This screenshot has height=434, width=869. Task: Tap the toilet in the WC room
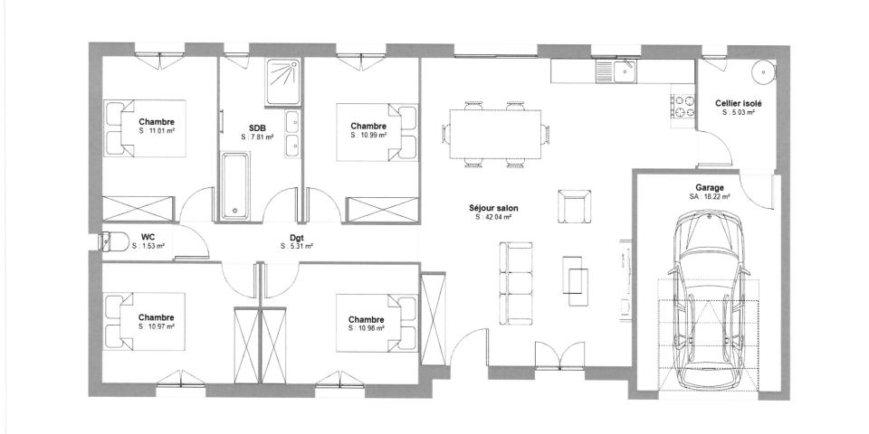[113, 241]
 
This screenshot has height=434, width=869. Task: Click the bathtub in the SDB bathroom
[235, 185]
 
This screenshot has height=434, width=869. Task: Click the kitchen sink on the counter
[623, 71]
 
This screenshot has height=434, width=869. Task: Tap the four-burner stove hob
[681, 106]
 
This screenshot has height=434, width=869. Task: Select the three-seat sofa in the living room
[516, 282]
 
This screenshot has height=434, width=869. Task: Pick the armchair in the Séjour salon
[574, 207]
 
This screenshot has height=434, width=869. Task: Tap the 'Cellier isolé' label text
[738, 104]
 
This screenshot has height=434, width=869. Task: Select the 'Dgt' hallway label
[296, 237]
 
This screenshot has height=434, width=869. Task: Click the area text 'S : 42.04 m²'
[494, 217]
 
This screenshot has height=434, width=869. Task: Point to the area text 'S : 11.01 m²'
[157, 131]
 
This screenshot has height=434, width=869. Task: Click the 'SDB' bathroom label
[256, 127]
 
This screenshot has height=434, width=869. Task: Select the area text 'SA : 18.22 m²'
[710, 195]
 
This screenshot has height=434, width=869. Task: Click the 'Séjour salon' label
[494, 207]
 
